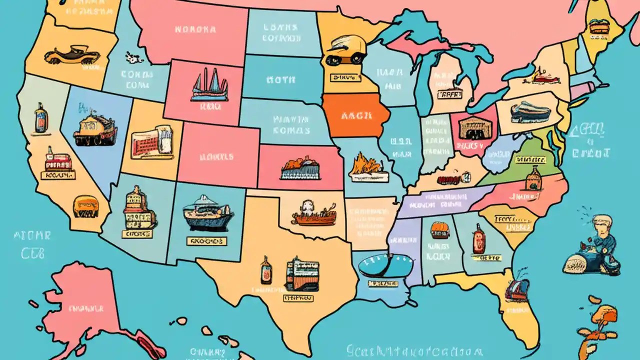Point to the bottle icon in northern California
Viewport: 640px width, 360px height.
tap(40, 118)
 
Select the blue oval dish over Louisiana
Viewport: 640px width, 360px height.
tap(385, 265)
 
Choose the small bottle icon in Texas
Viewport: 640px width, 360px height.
tap(266, 270)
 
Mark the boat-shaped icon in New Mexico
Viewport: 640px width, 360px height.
tap(207, 212)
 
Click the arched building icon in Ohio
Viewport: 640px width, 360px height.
tap(470, 128)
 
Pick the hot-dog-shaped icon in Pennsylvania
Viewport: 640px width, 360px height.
tap(530, 112)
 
